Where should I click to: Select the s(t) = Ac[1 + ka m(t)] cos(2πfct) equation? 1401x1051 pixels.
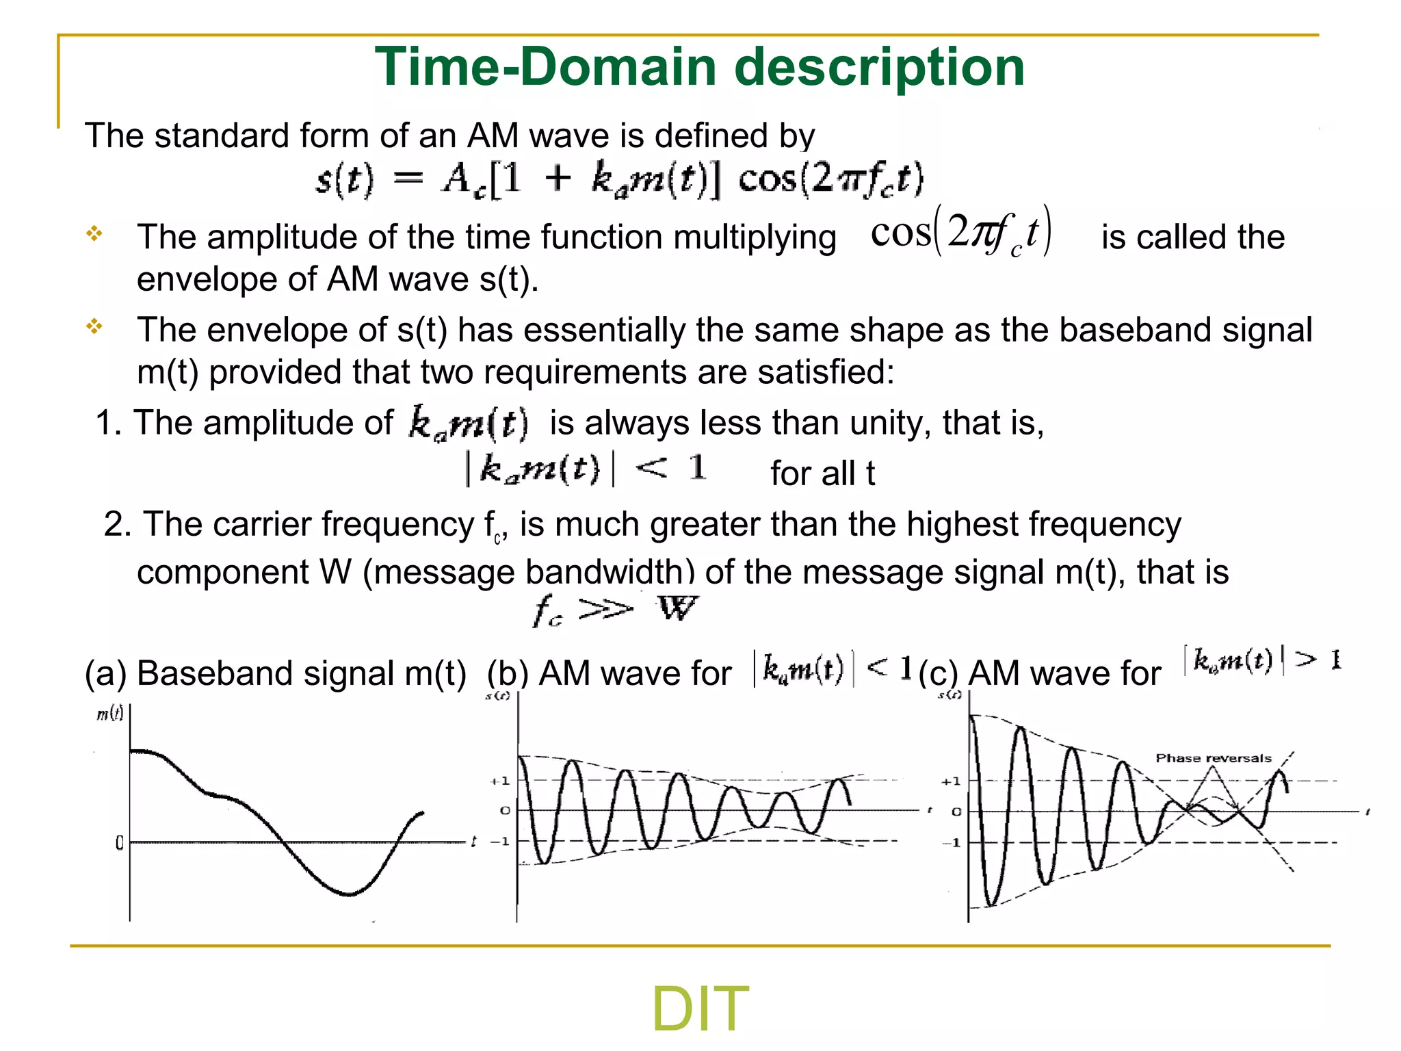619,179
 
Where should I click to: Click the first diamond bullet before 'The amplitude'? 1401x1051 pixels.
94,234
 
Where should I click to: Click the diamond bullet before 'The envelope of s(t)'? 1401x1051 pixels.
94,326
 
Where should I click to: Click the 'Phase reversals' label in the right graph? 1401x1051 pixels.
1213,758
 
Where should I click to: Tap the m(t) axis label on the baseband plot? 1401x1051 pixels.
109,714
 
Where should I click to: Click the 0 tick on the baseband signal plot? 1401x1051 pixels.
120,843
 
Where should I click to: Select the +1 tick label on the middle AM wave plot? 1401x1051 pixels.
500,781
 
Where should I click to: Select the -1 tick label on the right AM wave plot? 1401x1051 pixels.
952,842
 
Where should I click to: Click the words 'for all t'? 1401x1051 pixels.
822,473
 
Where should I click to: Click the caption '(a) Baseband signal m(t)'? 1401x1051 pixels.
275,673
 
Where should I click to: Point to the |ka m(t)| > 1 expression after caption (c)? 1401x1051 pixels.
1262,660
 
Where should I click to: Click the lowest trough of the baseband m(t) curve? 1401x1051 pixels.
349,894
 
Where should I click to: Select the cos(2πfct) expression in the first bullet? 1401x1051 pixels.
960,233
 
